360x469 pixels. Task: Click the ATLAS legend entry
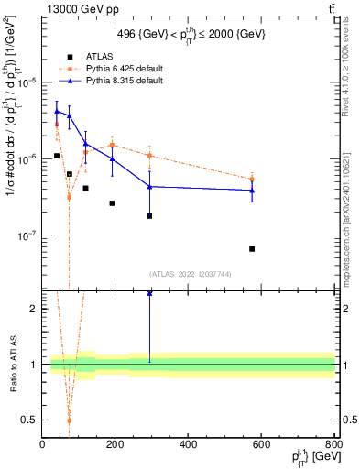98,56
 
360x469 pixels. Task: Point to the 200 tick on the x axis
115,445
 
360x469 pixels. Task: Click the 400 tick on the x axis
189,445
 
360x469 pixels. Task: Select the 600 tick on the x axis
262,445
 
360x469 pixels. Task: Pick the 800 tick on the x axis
333,445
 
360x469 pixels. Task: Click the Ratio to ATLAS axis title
13,365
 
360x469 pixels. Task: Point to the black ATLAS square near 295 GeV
149,216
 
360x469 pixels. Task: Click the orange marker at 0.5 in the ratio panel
69,420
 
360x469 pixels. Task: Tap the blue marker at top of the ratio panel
149,293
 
